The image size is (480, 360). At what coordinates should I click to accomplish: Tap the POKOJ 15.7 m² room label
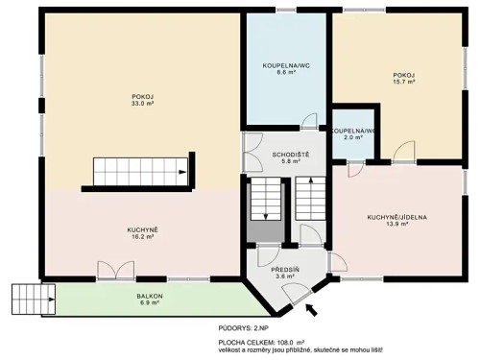[403, 78]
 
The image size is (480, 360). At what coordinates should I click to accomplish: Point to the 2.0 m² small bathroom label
[352, 133]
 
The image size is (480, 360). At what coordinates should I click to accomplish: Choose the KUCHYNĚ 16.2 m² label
[142, 233]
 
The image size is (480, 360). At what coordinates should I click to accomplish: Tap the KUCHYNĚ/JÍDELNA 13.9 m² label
[396, 222]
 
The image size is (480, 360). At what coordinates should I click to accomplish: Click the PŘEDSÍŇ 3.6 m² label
[285, 273]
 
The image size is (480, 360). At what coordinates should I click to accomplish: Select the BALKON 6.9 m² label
[150, 299]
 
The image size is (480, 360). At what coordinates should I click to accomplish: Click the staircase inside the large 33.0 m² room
[140, 173]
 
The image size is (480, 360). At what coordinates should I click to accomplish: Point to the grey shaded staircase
[264, 211]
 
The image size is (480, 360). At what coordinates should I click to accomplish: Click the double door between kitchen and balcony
[111, 272]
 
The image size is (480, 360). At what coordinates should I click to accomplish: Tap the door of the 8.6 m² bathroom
[309, 121]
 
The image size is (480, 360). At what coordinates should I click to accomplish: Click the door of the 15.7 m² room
[403, 152]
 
